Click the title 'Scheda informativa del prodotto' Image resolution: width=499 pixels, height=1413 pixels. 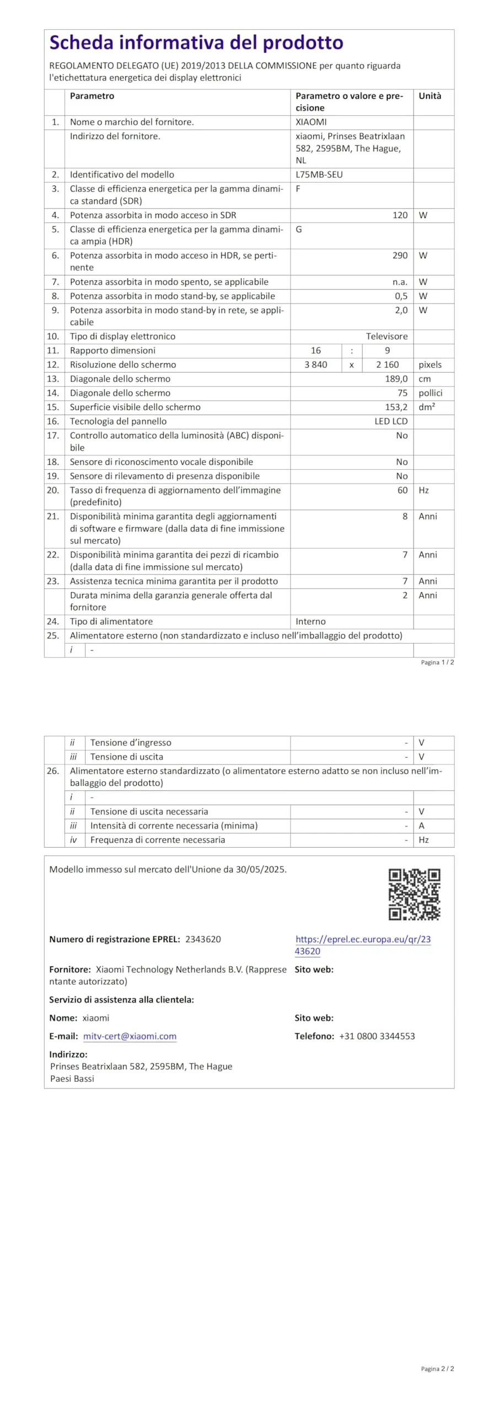196,43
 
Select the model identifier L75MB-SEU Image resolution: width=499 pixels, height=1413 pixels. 319,174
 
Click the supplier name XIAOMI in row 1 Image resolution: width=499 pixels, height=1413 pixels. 311,122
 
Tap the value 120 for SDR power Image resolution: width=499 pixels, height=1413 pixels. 400,215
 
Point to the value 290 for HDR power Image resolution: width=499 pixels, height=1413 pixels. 400,256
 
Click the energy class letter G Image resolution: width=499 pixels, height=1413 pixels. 299,229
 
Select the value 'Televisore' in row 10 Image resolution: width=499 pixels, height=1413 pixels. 387,336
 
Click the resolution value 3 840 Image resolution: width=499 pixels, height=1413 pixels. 315,365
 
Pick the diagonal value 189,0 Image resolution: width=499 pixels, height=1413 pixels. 396,379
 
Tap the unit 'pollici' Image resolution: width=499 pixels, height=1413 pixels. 430,393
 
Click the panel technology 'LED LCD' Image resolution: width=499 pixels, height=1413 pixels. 391,421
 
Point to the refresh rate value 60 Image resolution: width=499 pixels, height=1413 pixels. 403,490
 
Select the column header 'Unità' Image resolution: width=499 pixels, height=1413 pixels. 430,96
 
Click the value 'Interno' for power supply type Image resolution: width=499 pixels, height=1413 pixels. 310,621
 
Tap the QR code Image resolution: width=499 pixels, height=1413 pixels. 414,894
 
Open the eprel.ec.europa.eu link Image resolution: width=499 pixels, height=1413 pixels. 363,945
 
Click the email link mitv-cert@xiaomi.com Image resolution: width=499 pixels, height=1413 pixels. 130,1036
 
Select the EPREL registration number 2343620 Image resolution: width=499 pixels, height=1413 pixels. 203,939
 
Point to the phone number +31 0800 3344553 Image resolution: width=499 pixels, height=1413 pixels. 377,1036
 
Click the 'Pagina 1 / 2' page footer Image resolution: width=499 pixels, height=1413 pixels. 437,662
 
